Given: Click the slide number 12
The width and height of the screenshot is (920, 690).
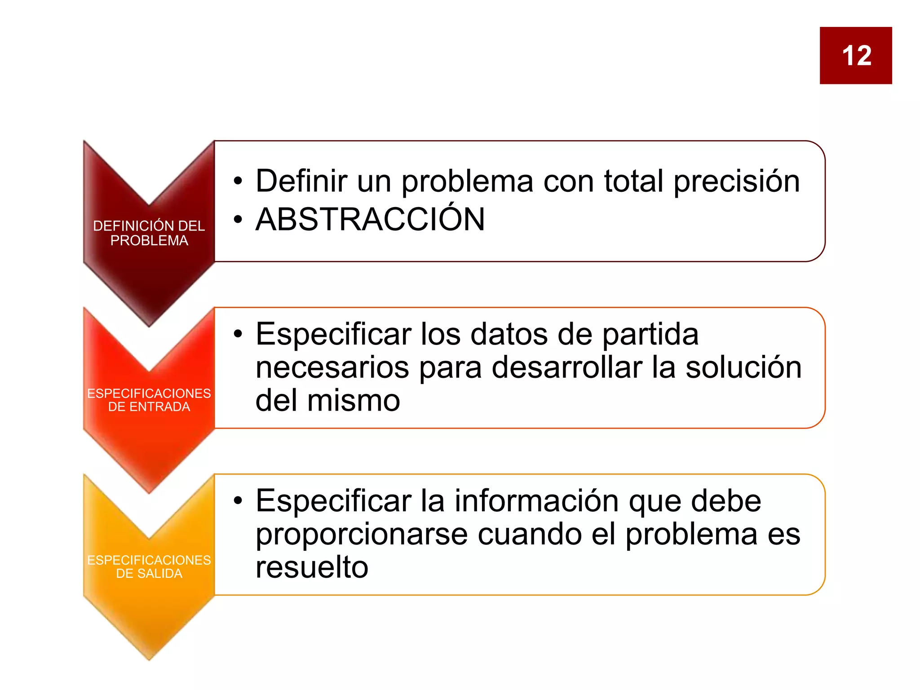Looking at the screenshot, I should point(856,56).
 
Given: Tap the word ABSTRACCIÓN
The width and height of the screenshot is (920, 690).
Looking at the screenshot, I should point(370,220).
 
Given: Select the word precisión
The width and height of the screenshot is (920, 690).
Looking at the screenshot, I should point(737,182).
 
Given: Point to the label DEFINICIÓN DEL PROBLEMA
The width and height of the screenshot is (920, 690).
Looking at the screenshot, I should point(149,233).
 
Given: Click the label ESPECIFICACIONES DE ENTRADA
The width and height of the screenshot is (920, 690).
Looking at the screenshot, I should point(149,400).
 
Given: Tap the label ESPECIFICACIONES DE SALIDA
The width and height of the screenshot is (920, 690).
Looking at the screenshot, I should point(149,566).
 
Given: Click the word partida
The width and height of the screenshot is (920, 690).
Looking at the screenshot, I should point(650,335).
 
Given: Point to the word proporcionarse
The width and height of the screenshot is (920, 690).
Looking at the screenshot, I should point(362,535).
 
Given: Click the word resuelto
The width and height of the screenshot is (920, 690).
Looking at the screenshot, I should point(312,567).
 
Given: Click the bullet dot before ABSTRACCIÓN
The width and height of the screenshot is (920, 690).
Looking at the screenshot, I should point(238,220).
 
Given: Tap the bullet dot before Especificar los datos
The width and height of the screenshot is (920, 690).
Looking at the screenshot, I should point(238,334).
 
